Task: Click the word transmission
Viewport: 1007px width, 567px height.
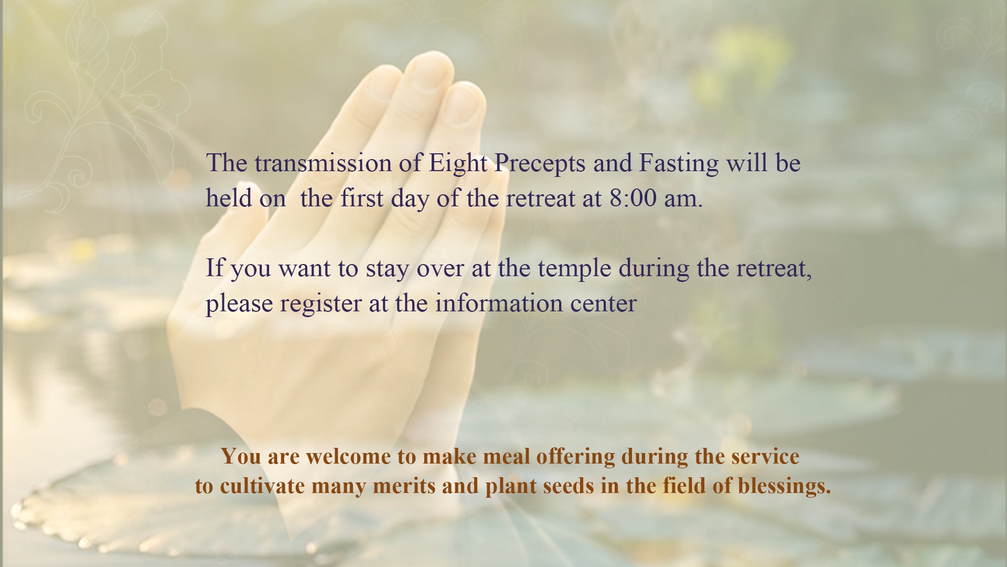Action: pyautogui.click(x=323, y=163)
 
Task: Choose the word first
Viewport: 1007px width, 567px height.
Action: pyautogui.click(x=361, y=198)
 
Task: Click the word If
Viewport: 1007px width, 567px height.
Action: pyautogui.click(x=215, y=268)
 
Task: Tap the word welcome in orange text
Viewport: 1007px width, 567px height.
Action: pyautogui.click(x=348, y=456)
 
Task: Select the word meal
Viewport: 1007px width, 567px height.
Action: pyautogui.click(x=501, y=456)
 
